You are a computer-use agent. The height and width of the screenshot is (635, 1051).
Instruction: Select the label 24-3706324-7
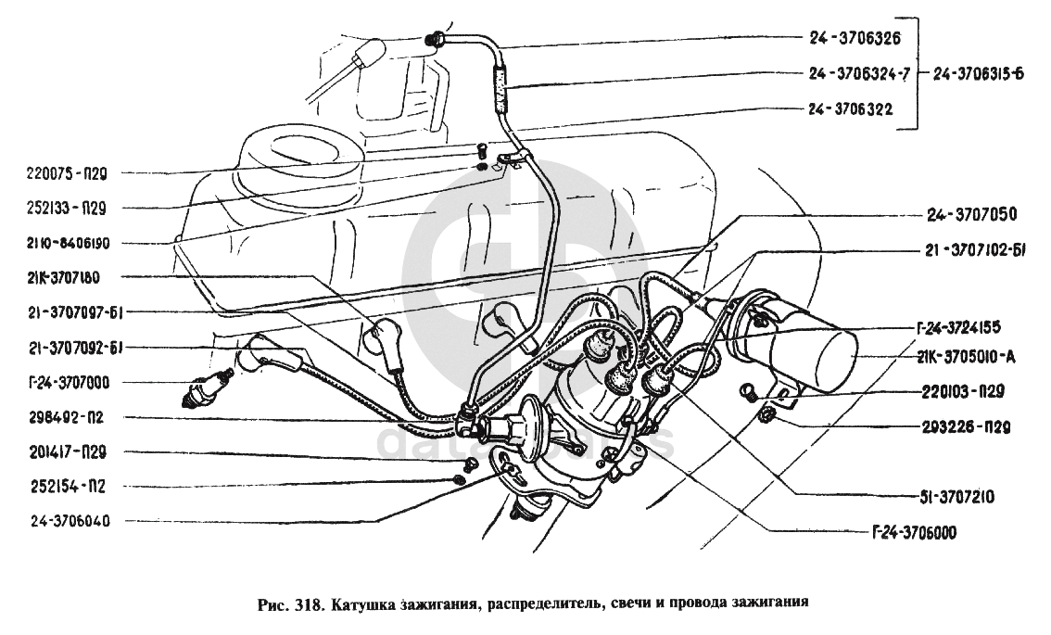coord(857,74)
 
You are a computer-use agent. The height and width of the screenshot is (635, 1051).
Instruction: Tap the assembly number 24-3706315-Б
coord(979,74)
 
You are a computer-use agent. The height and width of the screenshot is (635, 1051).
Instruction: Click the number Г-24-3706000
coord(914,533)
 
